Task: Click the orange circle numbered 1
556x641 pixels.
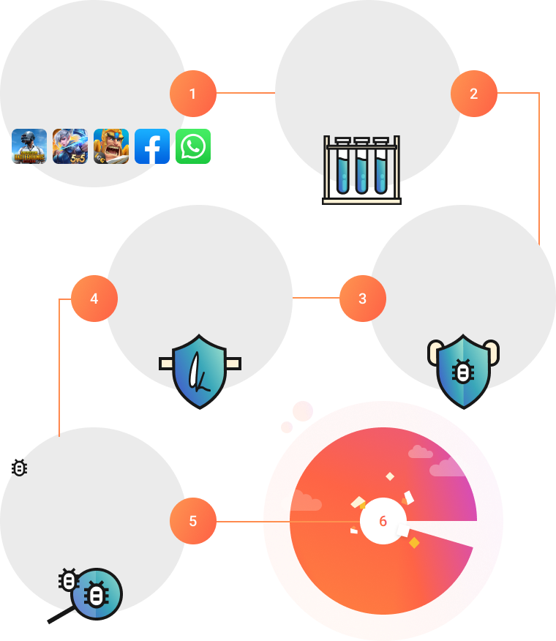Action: [x=193, y=94]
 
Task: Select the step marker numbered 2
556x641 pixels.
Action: [x=474, y=94]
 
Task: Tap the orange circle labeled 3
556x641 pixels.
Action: [x=363, y=299]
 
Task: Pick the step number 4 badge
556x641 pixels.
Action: [x=94, y=299]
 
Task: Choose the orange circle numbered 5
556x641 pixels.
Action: [x=193, y=521]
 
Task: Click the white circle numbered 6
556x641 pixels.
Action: [x=383, y=521]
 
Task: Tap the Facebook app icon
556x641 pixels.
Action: [x=152, y=146]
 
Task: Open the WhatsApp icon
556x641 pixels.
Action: [x=193, y=146]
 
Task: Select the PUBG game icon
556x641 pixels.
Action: [x=29, y=146]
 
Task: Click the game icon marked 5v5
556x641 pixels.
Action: [x=70, y=146]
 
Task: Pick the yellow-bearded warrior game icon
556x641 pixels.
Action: [x=111, y=146]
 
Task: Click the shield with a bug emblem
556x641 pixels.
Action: [x=463, y=371]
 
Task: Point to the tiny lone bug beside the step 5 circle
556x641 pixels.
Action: [x=20, y=468]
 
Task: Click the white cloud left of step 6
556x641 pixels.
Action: [x=301, y=501]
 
